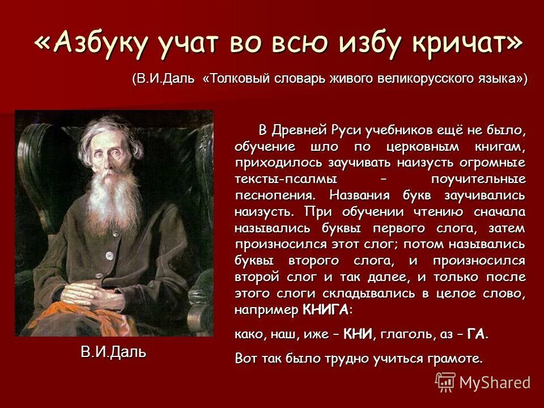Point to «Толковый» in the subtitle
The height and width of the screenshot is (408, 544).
[x=237, y=78]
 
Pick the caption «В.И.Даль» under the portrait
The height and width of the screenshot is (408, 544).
[x=113, y=352]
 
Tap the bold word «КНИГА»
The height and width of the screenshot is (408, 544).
[x=326, y=311]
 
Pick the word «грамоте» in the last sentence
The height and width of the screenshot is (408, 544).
[x=457, y=359]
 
